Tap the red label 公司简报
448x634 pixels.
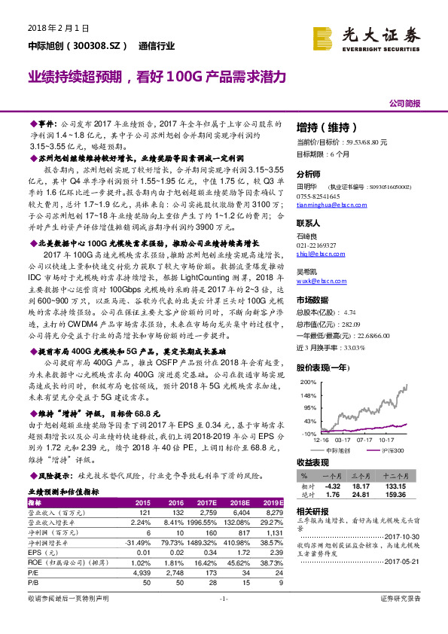point(404,103)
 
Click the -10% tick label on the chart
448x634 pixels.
point(306,434)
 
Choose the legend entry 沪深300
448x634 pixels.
point(393,450)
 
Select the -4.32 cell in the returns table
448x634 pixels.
point(333,486)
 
